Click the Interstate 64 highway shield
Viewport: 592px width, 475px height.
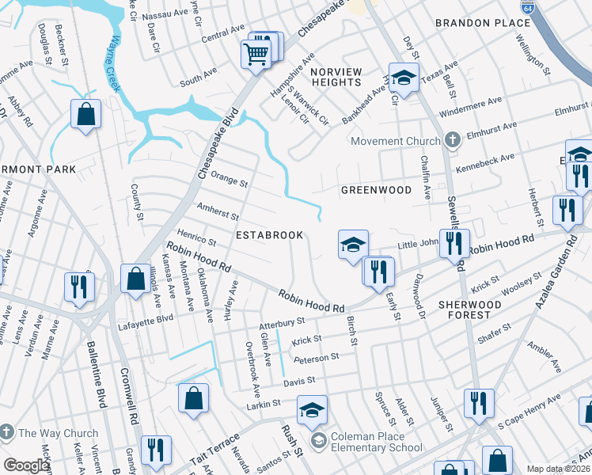tap(526, 6)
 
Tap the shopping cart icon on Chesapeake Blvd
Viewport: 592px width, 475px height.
tap(256, 55)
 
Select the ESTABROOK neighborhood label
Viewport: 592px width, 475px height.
tap(265, 235)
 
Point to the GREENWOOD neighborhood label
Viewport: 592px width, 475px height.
tap(376, 190)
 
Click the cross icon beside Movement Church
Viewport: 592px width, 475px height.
tap(452, 141)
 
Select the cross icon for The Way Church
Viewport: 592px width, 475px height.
tap(7, 433)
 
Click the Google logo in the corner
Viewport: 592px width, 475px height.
tap(26, 465)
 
